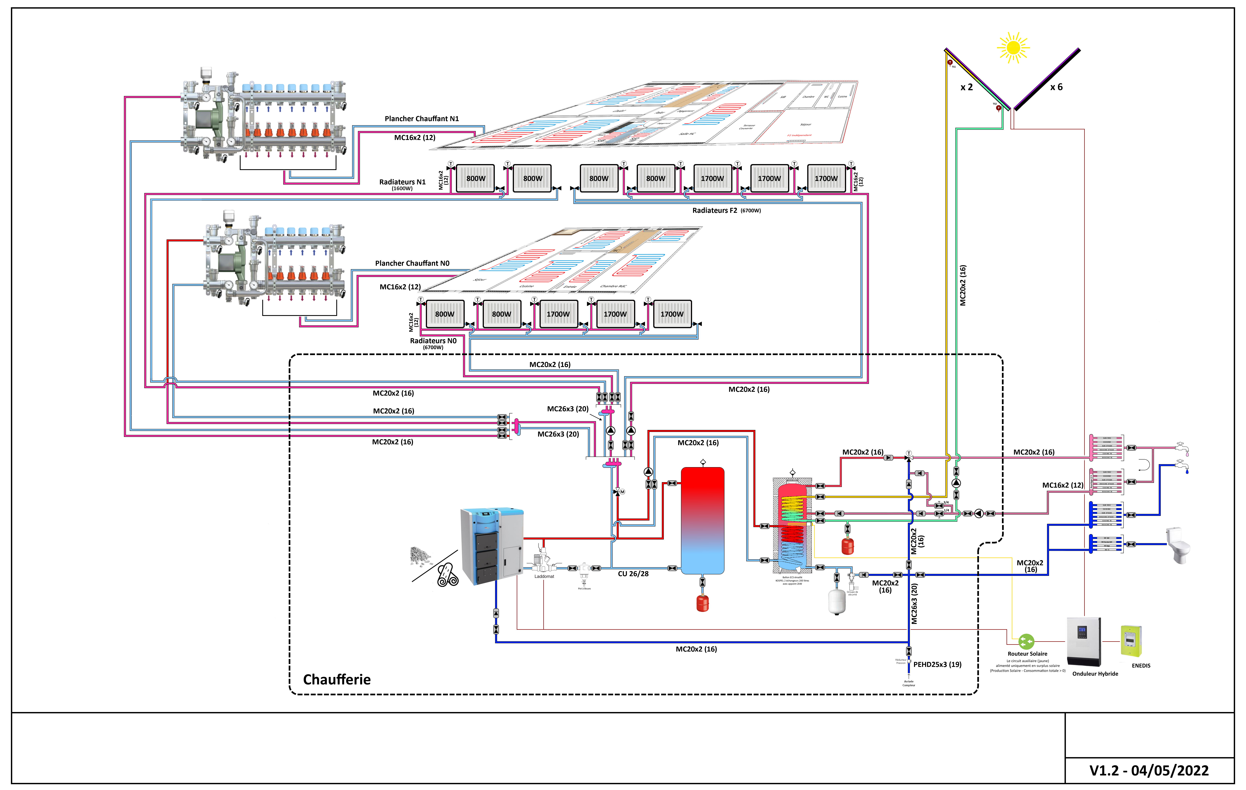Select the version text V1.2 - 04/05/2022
[1149, 770]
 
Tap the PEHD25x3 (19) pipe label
[937, 664]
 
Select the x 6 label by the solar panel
[1056, 87]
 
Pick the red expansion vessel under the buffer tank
[702, 603]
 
